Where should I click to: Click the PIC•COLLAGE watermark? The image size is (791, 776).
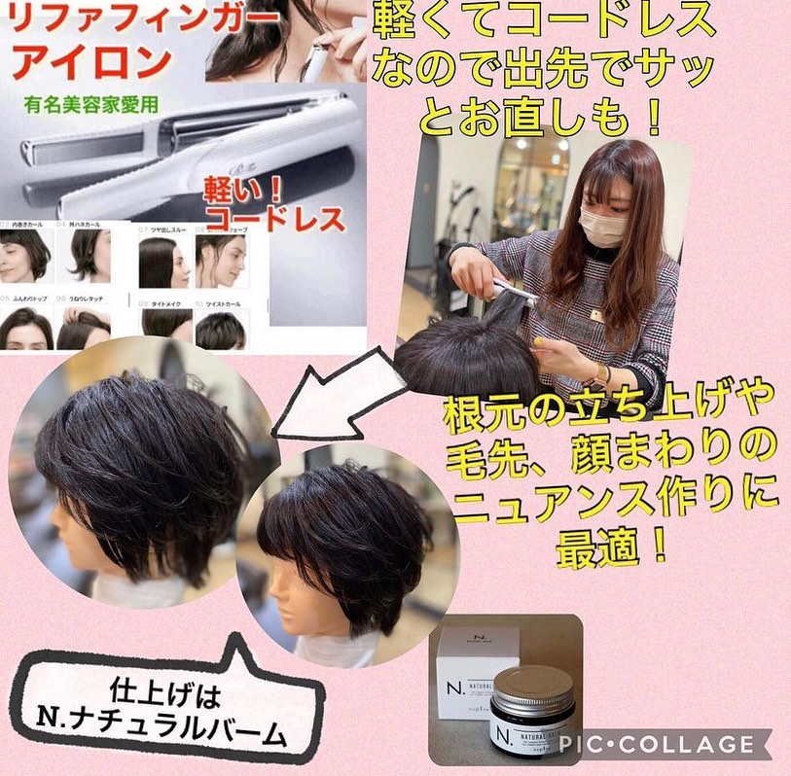point(658,745)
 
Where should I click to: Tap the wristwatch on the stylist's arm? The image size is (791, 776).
point(601,375)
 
